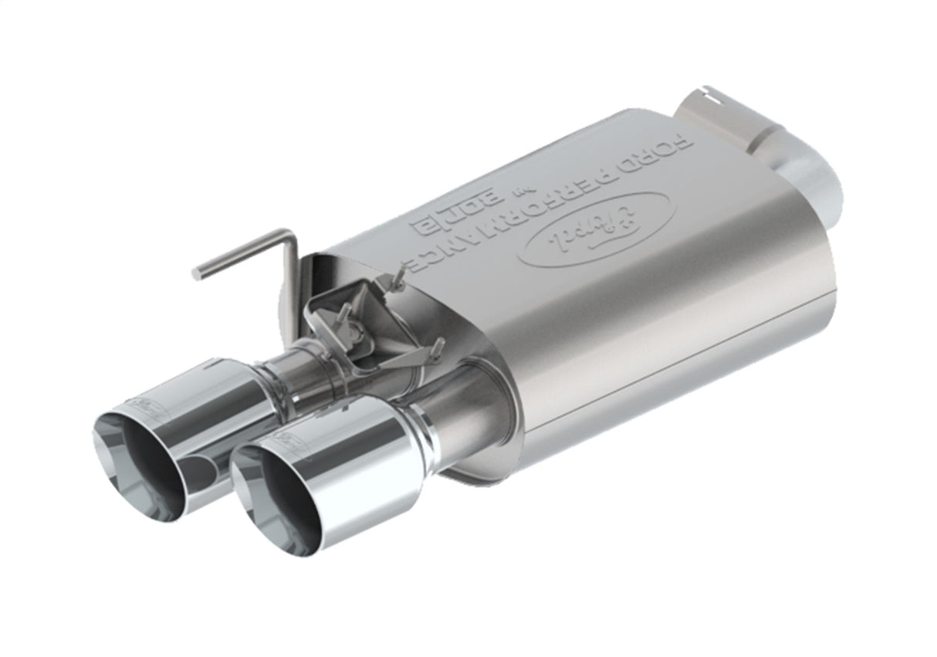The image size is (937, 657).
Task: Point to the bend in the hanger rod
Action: (x=289, y=235)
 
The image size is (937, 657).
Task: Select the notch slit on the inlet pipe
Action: (x=715, y=97)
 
